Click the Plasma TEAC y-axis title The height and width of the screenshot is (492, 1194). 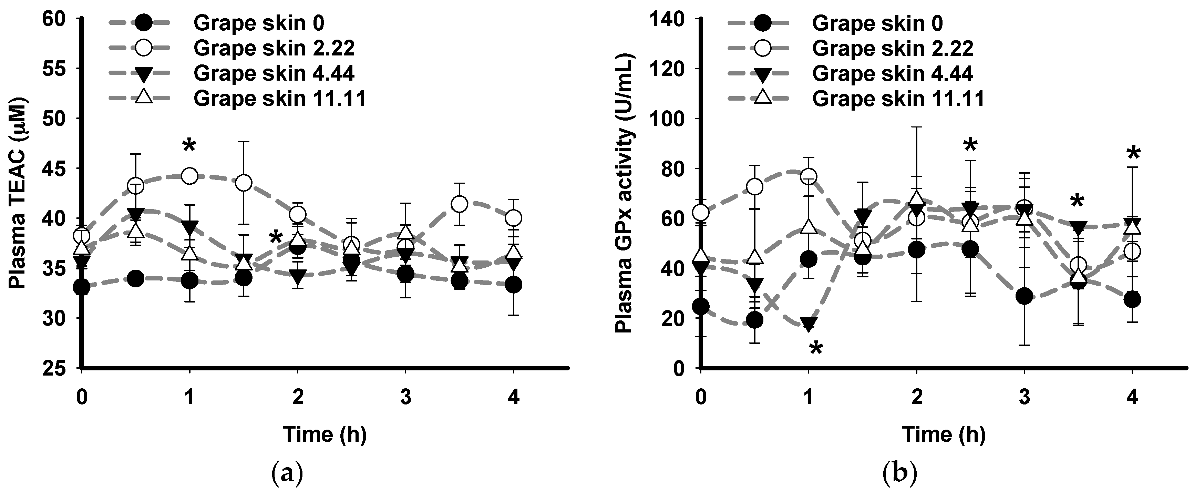pyautogui.click(x=18, y=193)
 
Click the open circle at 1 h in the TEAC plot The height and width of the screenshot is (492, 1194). pyautogui.click(x=189, y=176)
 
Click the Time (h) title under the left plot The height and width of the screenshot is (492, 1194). pyautogui.click(x=325, y=434)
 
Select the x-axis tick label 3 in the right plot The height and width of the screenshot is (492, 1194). pyautogui.click(x=1025, y=397)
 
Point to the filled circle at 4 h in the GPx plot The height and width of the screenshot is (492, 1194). pyautogui.click(x=1132, y=299)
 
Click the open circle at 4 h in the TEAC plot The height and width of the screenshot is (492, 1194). pyautogui.click(x=513, y=217)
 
